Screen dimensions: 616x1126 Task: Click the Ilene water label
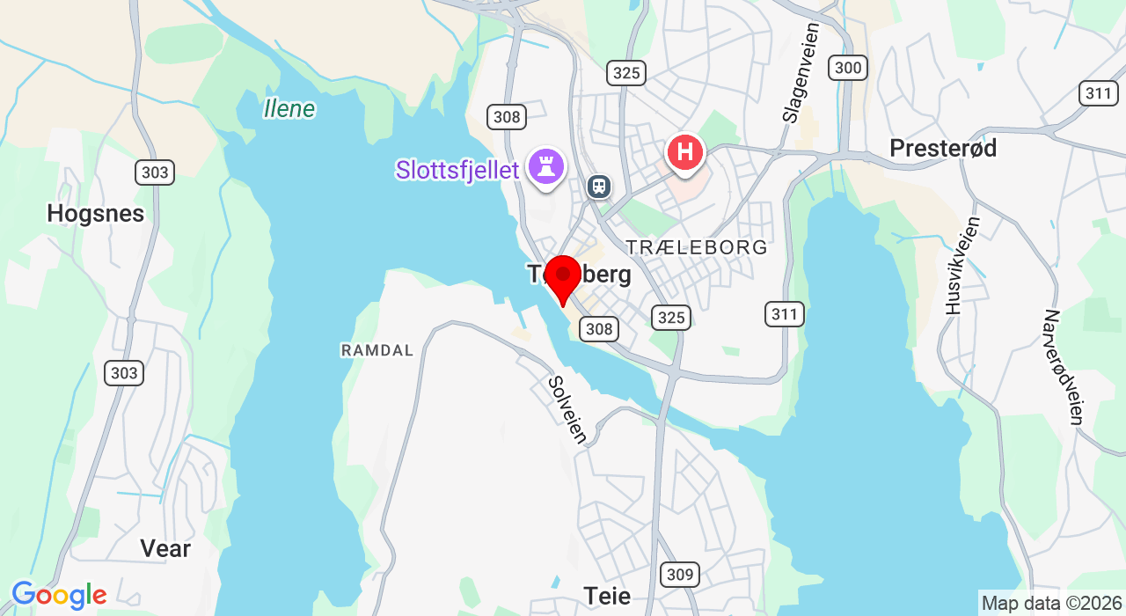(289, 109)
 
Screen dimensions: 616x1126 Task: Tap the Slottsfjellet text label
(457, 170)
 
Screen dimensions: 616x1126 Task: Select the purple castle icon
(546, 165)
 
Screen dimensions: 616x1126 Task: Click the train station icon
(599, 186)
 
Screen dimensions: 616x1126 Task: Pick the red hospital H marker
(685, 153)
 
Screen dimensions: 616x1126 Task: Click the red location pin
(563, 276)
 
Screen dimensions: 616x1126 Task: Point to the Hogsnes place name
(95, 214)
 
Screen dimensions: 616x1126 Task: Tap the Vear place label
(165, 548)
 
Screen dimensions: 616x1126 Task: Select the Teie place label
(607, 596)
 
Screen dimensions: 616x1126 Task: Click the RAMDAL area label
(377, 350)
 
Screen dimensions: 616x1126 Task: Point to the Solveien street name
(567, 409)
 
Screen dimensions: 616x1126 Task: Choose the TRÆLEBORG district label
(697, 247)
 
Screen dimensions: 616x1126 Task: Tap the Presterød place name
(943, 148)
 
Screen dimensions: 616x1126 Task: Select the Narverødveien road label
(1064, 367)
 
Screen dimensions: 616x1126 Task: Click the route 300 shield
(848, 68)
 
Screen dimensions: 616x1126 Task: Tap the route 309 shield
(680, 575)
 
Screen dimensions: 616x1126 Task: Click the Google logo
(58, 596)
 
